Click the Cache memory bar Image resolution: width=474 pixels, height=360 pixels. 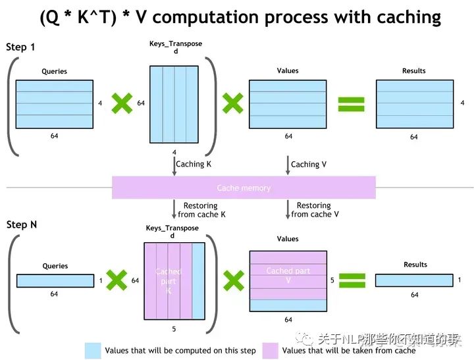pyautogui.click(x=244, y=188)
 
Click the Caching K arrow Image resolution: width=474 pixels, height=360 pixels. pyautogui.click(x=174, y=166)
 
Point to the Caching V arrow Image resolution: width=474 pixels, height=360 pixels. pyautogui.click(x=288, y=166)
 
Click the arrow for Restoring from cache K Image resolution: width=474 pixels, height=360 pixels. pyautogui.click(x=174, y=210)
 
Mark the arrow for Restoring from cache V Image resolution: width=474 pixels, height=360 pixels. pyautogui.click(x=288, y=210)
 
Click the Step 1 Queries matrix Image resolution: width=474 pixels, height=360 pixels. pyautogui.click(x=55, y=104)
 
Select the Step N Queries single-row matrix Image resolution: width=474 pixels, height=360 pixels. pyautogui.click(x=55, y=280)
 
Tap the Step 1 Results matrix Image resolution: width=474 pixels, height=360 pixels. pyautogui.click(x=414, y=104)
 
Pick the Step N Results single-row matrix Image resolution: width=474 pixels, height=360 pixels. pyautogui.click(x=414, y=280)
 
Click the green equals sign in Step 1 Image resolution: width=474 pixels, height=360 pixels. pyautogui.click(x=351, y=103)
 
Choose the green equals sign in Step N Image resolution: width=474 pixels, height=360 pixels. pyautogui.click(x=351, y=280)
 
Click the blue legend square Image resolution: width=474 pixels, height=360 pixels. pyautogui.click(x=93, y=350)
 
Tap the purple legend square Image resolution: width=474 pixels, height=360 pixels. pyautogui.click(x=270, y=350)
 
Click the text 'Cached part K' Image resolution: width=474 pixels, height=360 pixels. pyautogui.click(x=168, y=282)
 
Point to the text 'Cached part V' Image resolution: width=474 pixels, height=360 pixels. pyautogui.click(x=288, y=275)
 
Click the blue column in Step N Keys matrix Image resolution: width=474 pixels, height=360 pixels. pyautogui.click(x=198, y=281)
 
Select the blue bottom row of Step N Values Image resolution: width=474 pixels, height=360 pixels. pyautogui.click(x=288, y=305)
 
